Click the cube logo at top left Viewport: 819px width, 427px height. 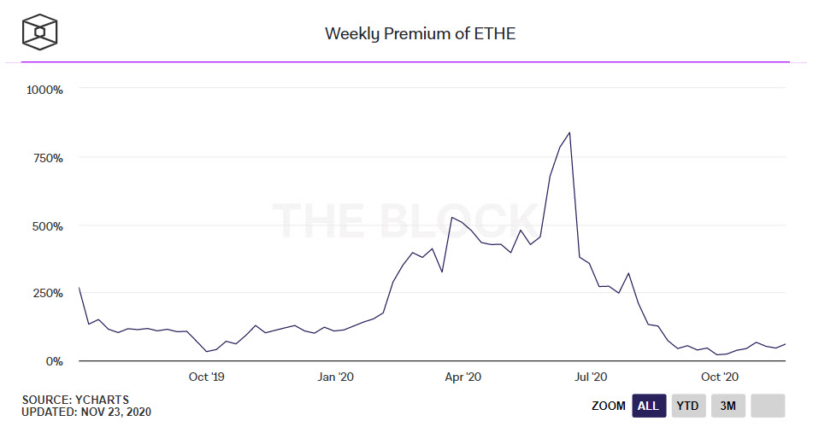tap(39, 32)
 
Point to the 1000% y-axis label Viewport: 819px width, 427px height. tap(46, 89)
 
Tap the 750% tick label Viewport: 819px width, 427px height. tap(49, 158)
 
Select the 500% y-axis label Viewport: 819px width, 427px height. tap(49, 226)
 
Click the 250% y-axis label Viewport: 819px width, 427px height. tap(49, 294)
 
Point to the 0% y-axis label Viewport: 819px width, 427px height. tap(54, 362)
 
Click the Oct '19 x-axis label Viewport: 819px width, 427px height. tap(206, 377)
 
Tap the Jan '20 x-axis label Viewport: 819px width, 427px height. tap(335, 377)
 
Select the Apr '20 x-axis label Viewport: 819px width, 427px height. tap(463, 377)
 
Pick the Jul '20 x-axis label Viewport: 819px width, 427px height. tap(591, 377)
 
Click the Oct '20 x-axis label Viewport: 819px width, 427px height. tap(720, 377)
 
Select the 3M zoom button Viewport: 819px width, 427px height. tap(728, 406)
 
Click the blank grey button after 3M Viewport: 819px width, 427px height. tap(768, 406)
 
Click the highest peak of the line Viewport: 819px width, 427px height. tap(569, 132)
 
